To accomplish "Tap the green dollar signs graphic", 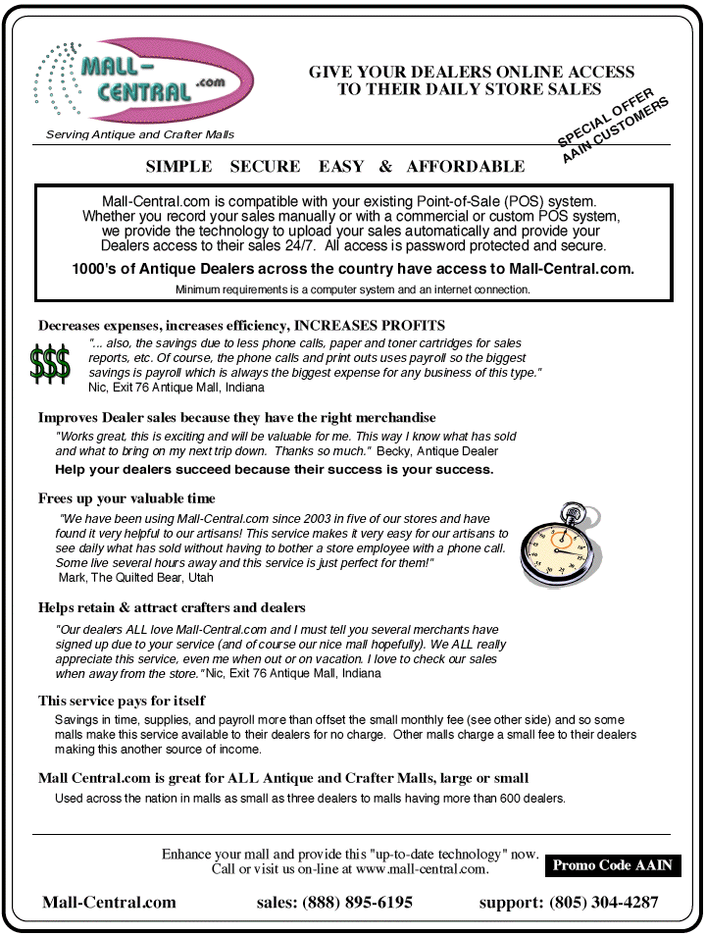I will [50, 364].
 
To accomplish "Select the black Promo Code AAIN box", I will [612, 865].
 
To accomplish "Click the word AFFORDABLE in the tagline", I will [466, 167].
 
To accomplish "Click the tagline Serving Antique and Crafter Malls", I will [140, 134].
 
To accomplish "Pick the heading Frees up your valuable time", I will [126, 498].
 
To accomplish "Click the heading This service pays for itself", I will [122, 701].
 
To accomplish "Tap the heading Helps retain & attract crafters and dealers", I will [172, 607].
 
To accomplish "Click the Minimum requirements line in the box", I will [353, 289].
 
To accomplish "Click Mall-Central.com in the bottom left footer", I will [109, 903].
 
